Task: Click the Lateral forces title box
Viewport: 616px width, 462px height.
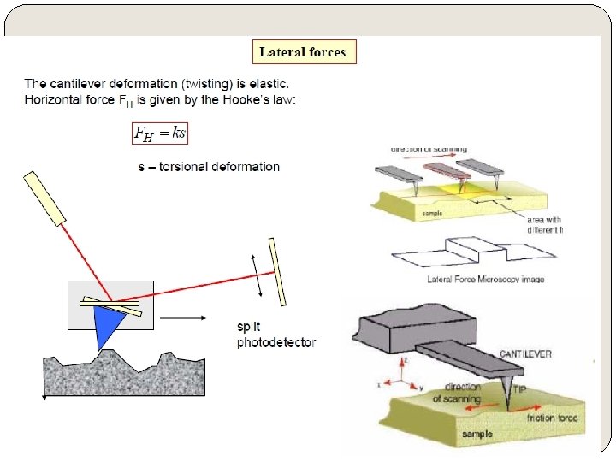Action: (x=303, y=52)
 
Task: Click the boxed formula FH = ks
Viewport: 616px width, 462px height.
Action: (x=160, y=132)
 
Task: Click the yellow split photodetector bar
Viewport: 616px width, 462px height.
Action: (x=277, y=271)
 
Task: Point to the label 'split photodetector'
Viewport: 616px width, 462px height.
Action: (x=275, y=335)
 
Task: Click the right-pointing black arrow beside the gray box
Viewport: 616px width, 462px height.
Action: (x=183, y=318)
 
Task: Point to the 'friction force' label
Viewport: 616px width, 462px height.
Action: (x=553, y=418)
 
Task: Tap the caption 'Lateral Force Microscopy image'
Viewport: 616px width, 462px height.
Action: (x=485, y=280)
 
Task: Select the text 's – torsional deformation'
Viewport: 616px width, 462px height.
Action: (x=209, y=166)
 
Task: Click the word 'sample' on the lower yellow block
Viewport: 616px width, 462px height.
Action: (x=478, y=435)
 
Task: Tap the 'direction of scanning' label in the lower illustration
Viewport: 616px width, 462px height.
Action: (x=460, y=393)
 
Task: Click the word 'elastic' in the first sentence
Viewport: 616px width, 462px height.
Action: (x=267, y=84)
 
